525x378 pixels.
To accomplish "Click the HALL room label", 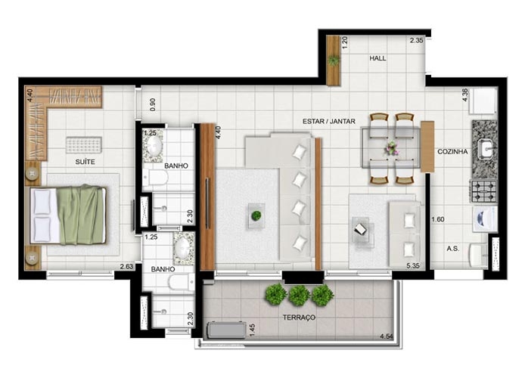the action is click(377, 58).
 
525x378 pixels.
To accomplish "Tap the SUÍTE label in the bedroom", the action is click(85, 162).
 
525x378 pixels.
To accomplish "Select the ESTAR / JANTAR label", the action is click(329, 122).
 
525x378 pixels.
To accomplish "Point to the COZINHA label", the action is click(452, 151).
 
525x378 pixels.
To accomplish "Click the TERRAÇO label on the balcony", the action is click(299, 318).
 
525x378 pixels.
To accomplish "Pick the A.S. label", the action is click(452, 249).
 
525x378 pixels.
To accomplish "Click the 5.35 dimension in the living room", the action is click(413, 266).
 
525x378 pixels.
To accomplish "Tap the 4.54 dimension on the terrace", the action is click(387, 336).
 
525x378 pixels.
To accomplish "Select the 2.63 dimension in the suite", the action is click(126, 267).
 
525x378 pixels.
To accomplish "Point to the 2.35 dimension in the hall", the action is click(417, 41).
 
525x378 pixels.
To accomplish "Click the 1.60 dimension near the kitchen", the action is click(438, 219).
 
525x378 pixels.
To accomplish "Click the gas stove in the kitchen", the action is click(484, 191).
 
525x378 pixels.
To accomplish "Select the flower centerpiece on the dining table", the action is click(392, 148).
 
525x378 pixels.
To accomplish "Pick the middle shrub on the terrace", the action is click(299, 296).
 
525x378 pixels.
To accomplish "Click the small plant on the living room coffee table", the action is click(256, 215).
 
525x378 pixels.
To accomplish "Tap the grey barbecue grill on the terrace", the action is click(227, 330).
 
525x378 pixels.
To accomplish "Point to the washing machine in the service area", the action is click(484, 219).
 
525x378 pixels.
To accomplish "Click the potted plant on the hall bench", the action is click(334, 60).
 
